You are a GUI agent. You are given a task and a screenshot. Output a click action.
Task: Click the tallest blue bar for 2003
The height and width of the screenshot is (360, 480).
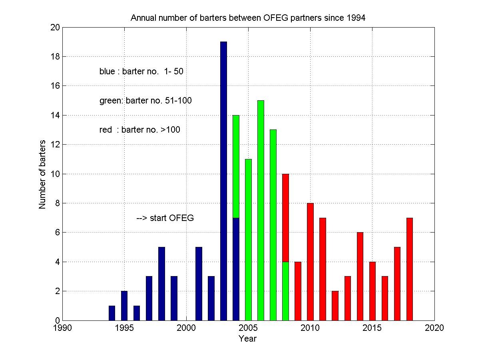(x=223, y=180)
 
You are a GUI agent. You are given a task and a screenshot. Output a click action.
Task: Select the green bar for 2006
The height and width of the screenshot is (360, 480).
(x=261, y=210)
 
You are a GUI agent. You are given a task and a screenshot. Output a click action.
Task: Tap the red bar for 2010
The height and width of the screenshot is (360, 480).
(x=310, y=261)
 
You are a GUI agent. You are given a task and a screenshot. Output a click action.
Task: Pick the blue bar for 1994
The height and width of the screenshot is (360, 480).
(x=112, y=313)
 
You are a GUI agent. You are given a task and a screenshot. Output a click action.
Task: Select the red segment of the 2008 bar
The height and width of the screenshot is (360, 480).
(x=285, y=218)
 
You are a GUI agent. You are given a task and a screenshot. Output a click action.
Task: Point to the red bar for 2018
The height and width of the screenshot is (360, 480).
(x=409, y=269)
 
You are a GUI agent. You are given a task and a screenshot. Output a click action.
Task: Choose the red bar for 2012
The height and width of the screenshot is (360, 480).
(x=335, y=306)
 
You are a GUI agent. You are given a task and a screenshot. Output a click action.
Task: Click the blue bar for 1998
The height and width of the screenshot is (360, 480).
(x=161, y=284)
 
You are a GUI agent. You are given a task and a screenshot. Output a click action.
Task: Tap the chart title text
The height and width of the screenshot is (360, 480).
(x=248, y=18)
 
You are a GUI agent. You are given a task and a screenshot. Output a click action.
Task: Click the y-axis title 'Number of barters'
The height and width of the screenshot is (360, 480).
(x=42, y=174)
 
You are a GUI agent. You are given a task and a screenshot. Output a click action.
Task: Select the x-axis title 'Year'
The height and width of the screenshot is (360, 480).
(x=248, y=339)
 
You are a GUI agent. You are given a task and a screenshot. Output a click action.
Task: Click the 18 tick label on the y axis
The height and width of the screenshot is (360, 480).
(x=55, y=57)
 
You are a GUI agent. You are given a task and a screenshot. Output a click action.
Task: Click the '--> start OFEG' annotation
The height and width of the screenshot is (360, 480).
(x=165, y=218)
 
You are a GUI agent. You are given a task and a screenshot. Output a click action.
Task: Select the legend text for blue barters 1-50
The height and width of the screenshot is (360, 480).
(x=141, y=72)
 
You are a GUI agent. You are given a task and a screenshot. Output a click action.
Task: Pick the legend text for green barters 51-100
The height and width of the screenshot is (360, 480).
(x=145, y=101)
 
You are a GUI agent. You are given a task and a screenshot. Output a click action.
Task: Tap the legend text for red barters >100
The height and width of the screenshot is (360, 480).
(x=140, y=130)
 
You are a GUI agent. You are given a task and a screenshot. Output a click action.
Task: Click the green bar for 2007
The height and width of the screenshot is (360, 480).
(x=273, y=225)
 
